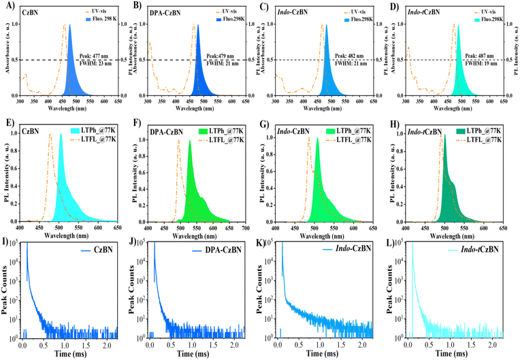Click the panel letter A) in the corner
pos(6,6)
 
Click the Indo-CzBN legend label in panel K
pos(348,255)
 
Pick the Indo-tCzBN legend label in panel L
pos(481,255)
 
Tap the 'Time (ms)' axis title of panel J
pos(197,355)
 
